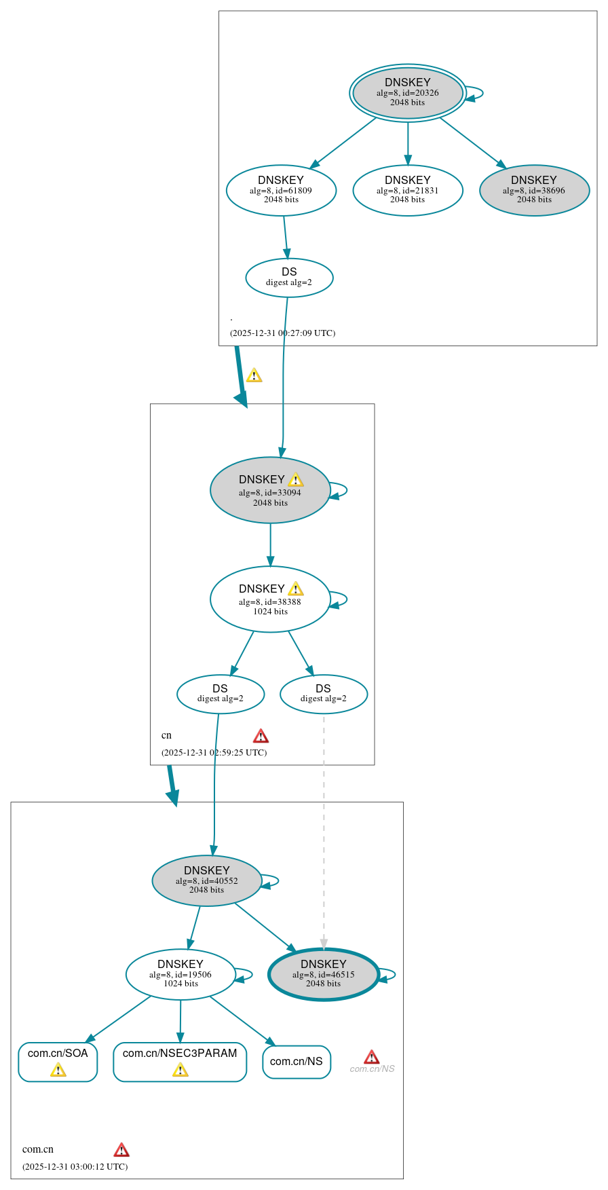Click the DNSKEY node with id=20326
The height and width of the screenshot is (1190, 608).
coord(407,93)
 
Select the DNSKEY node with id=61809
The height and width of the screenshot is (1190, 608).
coord(281,190)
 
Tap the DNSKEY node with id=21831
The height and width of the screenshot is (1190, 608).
coord(407,190)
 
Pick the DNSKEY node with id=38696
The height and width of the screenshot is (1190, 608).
coord(534,190)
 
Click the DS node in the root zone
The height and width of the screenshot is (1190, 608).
coord(289,278)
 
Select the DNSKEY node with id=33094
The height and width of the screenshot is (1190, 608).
coord(270,490)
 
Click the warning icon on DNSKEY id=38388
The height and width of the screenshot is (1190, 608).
coord(296,589)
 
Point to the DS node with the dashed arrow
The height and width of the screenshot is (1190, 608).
coord(324,694)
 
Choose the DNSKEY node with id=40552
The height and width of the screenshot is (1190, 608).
coord(207,880)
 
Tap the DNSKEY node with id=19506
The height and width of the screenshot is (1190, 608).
coord(180,974)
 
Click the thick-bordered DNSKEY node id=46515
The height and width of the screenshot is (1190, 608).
coord(324,974)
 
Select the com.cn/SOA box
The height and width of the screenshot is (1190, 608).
coord(58,1062)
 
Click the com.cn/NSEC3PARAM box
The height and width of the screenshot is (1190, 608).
coord(180,1062)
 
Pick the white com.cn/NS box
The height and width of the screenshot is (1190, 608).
coord(297,1062)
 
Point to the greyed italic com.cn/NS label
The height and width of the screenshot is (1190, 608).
coord(372,1069)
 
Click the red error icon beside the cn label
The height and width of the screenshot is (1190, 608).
coord(261,736)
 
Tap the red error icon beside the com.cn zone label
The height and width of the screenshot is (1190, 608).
coord(121,1149)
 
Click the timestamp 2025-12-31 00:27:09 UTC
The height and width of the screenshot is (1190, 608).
coord(282,333)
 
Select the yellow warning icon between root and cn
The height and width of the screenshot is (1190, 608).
coord(254,375)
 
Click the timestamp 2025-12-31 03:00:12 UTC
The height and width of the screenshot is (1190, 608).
coord(75,1166)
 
